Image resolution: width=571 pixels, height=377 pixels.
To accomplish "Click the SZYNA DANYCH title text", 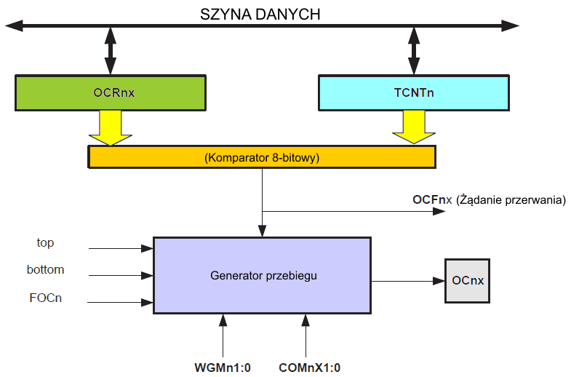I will (260, 14).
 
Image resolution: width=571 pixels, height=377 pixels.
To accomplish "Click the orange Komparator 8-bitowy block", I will (262, 156).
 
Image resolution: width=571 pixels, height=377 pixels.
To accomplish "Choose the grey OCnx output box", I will (468, 280).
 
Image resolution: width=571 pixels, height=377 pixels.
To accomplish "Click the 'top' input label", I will (45, 242).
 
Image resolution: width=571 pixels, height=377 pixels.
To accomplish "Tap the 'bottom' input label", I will (45, 269).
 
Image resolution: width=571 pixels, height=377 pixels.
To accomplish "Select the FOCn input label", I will (44, 297).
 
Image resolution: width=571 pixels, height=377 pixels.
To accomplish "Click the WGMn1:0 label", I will (222, 368).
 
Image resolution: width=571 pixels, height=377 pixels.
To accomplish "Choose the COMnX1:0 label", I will (309, 368).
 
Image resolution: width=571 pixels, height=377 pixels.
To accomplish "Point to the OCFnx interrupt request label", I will (489, 199).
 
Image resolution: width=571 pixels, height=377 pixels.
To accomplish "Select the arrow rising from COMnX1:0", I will (306, 335).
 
